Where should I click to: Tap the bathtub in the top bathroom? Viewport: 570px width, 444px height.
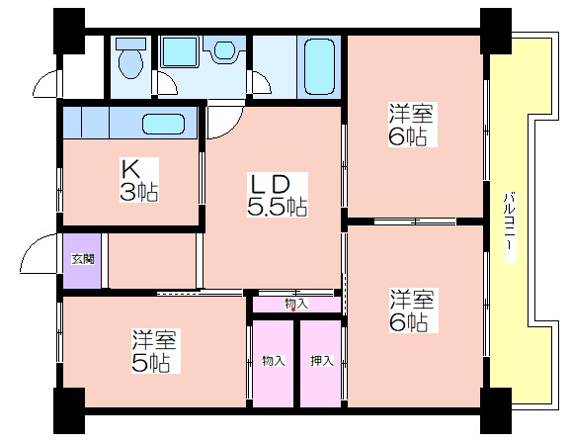[x=319, y=66]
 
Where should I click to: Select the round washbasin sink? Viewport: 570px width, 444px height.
[x=224, y=49]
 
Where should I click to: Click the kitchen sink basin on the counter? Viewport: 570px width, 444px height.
[x=164, y=124]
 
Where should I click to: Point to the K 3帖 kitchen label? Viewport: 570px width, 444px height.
[x=139, y=180]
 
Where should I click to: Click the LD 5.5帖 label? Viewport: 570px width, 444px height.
[x=277, y=195]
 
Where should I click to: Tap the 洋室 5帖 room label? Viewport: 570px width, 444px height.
[x=155, y=351]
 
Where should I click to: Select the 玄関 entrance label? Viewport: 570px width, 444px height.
[x=83, y=259]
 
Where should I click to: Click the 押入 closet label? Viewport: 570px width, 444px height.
[x=322, y=361]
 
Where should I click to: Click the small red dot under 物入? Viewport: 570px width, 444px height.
[x=293, y=310]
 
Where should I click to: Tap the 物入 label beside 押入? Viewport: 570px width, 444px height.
[x=274, y=361]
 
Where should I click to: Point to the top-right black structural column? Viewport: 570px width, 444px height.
[x=496, y=32]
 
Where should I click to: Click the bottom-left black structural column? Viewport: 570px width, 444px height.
[x=69, y=410]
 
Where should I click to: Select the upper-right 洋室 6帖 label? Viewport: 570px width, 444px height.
[x=413, y=124]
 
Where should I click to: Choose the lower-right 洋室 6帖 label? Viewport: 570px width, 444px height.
[x=414, y=311]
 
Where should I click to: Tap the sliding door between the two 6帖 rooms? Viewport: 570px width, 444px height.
[x=415, y=221]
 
